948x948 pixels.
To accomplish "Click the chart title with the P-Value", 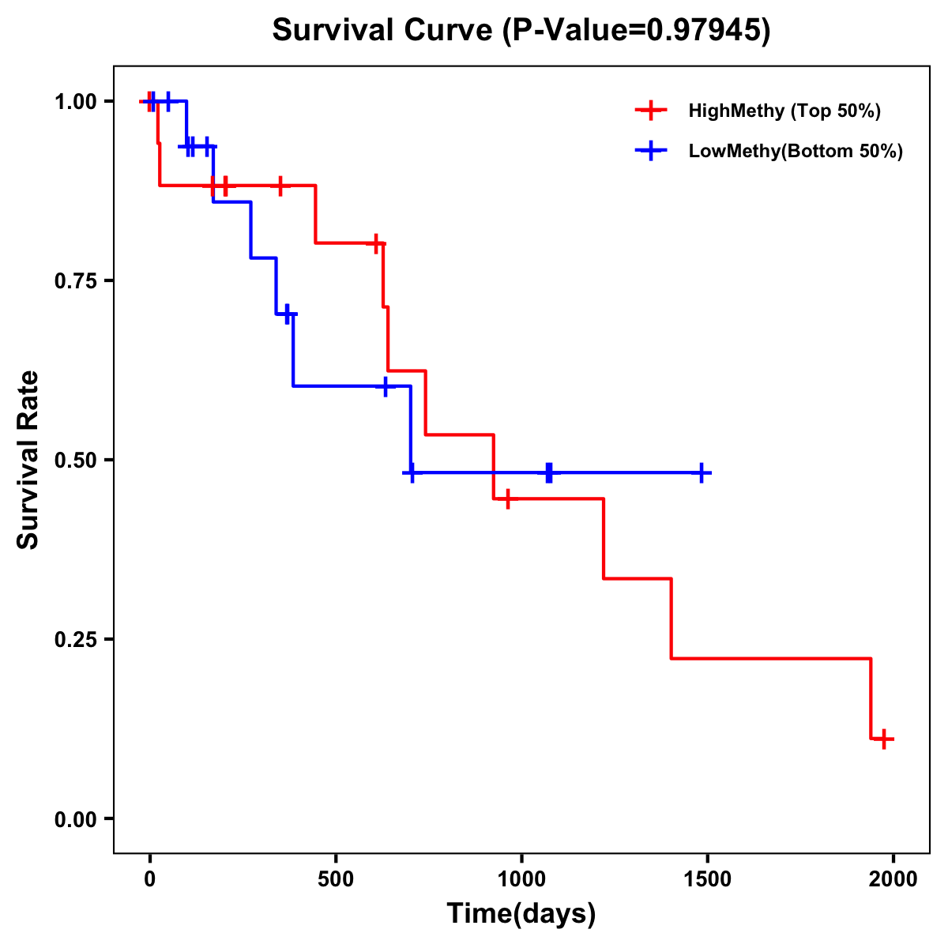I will point(521,30).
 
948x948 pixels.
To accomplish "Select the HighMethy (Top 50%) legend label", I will point(784,111).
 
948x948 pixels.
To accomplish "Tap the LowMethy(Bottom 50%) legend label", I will point(796,151).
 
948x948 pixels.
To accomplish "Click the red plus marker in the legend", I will point(650,111).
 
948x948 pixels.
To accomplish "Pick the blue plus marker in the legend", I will point(650,151).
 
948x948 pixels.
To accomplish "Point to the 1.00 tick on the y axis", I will point(77,101).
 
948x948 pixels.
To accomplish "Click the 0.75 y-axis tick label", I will point(77,280).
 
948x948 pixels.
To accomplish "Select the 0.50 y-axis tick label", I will point(77,460).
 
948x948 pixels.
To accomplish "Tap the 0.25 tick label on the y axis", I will point(77,639).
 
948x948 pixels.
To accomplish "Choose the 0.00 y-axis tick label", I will point(77,818).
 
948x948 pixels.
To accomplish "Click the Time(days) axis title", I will point(521,914).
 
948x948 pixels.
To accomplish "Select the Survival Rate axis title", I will point(28,460).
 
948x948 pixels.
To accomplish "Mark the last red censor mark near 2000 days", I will point(884,739).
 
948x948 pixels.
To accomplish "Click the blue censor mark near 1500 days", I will point(701,472).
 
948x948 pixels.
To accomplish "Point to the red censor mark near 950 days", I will point(507,498).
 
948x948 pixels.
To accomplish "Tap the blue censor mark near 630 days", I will point(385,386).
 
